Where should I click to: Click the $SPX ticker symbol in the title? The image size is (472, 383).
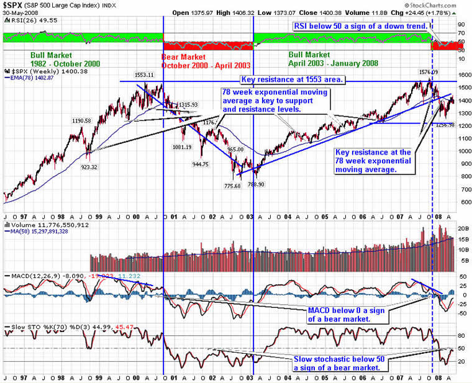pyautogui.click(x=14, y=5)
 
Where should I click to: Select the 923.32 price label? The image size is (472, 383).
pyautogui.click(x=88, y=168)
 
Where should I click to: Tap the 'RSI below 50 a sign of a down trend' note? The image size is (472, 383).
pyautogui.click(x=360, y=27)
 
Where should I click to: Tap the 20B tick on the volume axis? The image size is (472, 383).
pyautogui.click(x=463, y=228)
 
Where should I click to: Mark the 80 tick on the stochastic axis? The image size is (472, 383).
pyautogui.click(x=462, y=335)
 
